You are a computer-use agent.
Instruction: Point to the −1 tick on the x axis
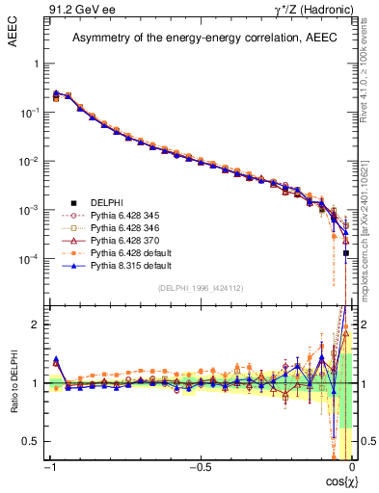tap(49, 467)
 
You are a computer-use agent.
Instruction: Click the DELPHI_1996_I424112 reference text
tap(201, 288)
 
